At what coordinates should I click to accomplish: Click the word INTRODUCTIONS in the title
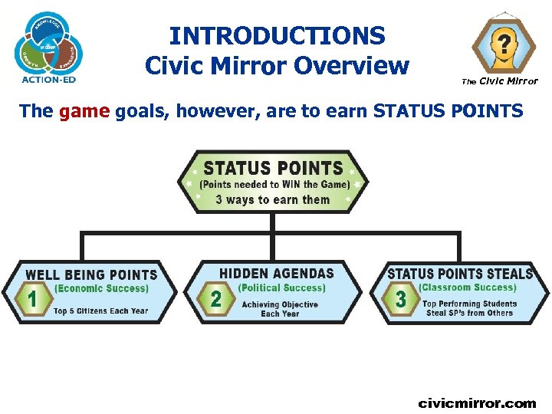[277, 35]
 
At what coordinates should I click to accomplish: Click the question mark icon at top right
[502, 42]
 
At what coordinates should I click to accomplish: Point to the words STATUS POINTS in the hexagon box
[273, 168]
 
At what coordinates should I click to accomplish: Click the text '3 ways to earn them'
[273, 200]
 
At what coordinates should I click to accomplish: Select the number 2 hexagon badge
[216, 298]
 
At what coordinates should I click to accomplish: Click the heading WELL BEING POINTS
[91, 274]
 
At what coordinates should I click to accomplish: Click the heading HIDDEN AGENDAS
[277, 273]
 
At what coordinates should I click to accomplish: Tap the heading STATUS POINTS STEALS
[460, 274]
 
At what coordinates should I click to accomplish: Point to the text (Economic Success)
[101, 289]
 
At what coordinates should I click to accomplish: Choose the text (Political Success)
[281, 288]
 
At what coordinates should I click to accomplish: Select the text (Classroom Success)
[468, 288]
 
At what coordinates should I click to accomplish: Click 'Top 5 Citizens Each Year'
[100, 311]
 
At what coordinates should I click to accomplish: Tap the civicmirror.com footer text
[477, 402]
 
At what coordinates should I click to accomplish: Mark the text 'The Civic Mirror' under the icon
[499, 81]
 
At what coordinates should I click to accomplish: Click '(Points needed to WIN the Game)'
[274, 185]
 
